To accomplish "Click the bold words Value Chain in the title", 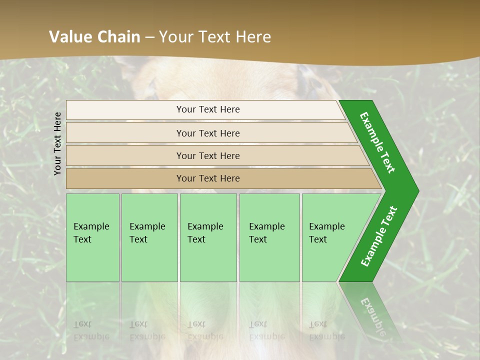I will [x=94, y=37].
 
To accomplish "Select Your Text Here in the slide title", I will [x=214, y=37].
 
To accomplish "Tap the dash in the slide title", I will [x=149, y=37].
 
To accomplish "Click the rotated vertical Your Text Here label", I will [x=58, y=143].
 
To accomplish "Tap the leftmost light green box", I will [x=92, y=260].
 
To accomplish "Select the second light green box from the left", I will [x=149, y=260].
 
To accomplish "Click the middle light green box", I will [x=208, y=260].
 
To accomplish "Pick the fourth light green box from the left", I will [x=269, y=260].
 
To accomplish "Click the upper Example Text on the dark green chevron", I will [x=377, y=142].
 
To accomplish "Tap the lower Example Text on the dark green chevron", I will [x=378, y=236].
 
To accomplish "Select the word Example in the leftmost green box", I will [x=91, y=226].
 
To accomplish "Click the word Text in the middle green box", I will [x=196, y=239].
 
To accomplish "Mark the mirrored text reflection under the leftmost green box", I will [x=91, y=330].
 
